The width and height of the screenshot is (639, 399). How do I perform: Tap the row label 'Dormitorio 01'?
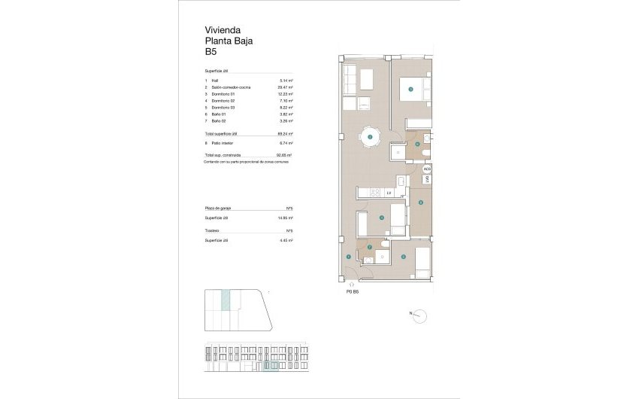[x=223, y=93]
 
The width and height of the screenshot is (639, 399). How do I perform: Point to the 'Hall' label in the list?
[x=215, y=81]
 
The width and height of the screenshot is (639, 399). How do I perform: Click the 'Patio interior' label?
[x=223, y=142]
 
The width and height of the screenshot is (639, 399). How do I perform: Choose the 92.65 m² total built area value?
[x=286, y=155]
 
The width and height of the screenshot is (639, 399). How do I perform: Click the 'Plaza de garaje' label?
[x=219, y=208]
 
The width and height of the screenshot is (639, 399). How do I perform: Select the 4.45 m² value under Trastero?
[x=286, y=240]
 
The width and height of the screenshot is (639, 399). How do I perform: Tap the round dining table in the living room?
[x=370, y=137]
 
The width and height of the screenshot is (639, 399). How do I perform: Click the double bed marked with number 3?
[x=412, y=90]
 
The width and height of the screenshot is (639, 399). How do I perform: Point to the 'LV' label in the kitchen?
[x=389, y=193]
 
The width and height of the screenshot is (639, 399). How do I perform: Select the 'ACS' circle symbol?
[x=427, y=169]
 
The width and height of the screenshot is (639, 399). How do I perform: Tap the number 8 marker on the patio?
[x=421, y=202]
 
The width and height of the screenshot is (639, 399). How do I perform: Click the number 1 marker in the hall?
[x=348, y=257]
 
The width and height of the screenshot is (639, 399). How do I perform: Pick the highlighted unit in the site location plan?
[x=224, y=303]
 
